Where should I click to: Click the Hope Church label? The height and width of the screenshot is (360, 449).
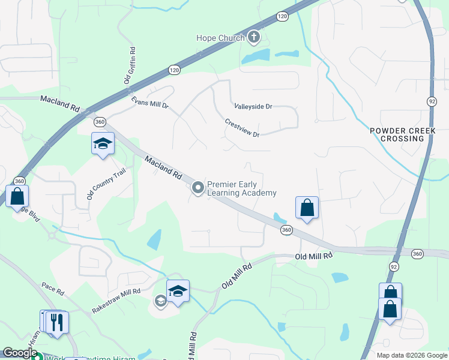coord(220,38)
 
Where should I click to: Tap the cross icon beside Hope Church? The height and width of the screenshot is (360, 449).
coord(254,38)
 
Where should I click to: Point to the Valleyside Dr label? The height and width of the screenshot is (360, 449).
coord(253,106)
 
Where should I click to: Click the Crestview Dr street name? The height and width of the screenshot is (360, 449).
coord(242,127)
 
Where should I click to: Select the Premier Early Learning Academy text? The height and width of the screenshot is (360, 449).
coord(241,188)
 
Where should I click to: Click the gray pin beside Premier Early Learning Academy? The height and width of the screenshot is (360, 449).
coord(197,188)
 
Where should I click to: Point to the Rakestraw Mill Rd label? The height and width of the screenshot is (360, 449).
coord(116,301)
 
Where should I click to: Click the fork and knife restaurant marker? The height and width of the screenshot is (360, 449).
coord(58,322)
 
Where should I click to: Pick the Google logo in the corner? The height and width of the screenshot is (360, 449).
coord(20,353)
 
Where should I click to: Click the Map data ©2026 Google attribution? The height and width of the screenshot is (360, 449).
coord(412,355)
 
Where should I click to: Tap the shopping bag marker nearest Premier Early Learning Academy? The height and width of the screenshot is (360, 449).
coord(307,208)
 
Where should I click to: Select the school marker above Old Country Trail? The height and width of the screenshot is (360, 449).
coord(103,145)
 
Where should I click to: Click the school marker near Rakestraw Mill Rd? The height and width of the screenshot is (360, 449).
coord(178,292)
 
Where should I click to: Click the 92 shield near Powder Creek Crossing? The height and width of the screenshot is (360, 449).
coord(431,100)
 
